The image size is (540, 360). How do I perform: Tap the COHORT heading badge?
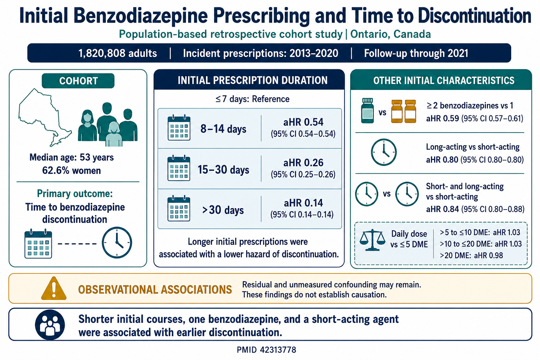point(78,81)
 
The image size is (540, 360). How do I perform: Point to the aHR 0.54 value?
point(303,122)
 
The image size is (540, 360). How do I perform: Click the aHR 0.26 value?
point(303,163)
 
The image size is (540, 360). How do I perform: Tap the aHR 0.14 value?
point(303,203)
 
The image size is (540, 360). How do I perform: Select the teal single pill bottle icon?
point(368,110)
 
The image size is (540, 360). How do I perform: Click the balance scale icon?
point(372,240)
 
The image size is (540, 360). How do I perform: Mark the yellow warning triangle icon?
point(54,288)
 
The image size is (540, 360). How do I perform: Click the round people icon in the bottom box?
point(50,325)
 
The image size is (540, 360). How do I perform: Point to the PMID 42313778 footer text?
point(266,350)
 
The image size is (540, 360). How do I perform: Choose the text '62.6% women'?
point(71,171)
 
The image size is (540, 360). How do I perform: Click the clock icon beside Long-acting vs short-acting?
point(384,152)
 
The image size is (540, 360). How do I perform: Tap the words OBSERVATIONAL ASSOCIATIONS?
point(155,290)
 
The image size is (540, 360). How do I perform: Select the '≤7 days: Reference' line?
point(252,99)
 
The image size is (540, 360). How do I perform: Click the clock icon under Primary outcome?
point(117,242)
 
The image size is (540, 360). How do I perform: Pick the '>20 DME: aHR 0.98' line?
point(471,255)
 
